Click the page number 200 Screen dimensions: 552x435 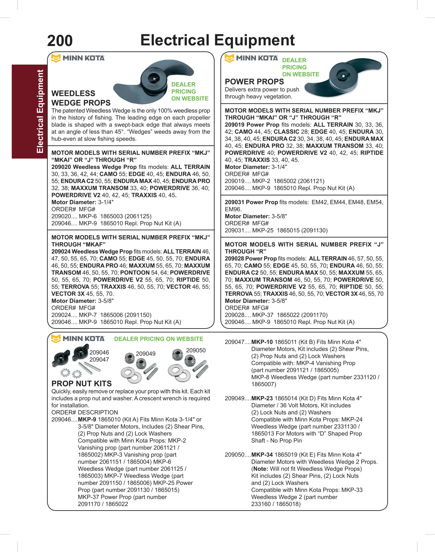click(60, 41)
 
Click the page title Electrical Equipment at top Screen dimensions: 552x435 click(217, 40)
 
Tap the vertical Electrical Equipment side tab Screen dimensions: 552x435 click(40, 111)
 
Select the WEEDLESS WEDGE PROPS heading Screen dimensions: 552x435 click(81, 98)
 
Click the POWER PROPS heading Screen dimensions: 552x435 click(254, 82)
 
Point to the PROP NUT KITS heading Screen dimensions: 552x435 click(82, 384)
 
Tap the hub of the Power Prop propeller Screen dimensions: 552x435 click(342, 76)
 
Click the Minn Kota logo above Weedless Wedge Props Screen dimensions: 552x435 click(78, 58)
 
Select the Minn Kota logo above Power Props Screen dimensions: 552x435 click(251, 58)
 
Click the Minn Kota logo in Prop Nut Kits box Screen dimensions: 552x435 click(78, 339)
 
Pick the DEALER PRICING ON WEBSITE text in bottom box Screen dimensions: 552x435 click(158, 339)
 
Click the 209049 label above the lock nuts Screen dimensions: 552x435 click(146, 354)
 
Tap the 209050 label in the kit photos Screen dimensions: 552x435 click(196, 350)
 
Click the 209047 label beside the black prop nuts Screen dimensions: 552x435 click(99, 360)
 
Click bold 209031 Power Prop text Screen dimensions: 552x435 click(251, 202)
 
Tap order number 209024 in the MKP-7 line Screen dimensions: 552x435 click(60, 315)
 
